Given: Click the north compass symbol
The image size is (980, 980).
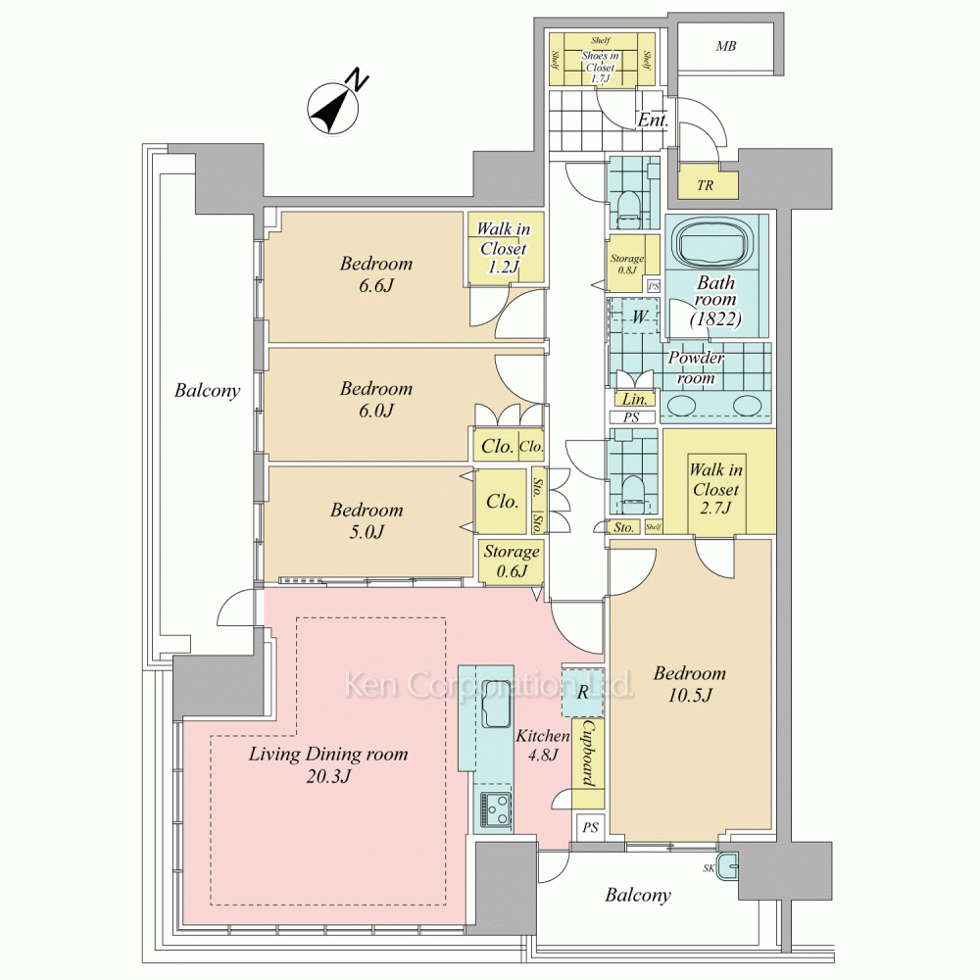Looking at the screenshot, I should pos(334,106).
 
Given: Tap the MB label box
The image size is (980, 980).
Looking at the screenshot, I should pos(725,46).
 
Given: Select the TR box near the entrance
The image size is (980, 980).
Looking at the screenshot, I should pos(705,183).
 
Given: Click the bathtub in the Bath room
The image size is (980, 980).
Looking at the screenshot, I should pos(713,244).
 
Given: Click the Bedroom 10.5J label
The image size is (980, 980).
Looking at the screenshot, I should pos(690,684).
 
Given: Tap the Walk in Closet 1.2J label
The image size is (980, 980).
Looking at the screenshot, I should pos(503,249).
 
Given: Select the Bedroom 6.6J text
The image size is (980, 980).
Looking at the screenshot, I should pos(376,274).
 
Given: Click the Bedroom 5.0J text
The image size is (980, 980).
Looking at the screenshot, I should pos(367,520).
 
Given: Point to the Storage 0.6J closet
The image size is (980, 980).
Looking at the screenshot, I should pos(511,562).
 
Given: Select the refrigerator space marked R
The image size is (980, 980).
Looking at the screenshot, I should pos(582,693).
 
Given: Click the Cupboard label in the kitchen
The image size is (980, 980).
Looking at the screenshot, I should pos(588,755).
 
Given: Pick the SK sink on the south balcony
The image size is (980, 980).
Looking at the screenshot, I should pos(726,867).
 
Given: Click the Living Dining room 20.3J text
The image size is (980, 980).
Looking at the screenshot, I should pos(327,764).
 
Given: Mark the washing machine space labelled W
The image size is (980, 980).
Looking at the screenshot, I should pos(638,317).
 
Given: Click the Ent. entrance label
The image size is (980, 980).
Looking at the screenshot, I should pos(653,122).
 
